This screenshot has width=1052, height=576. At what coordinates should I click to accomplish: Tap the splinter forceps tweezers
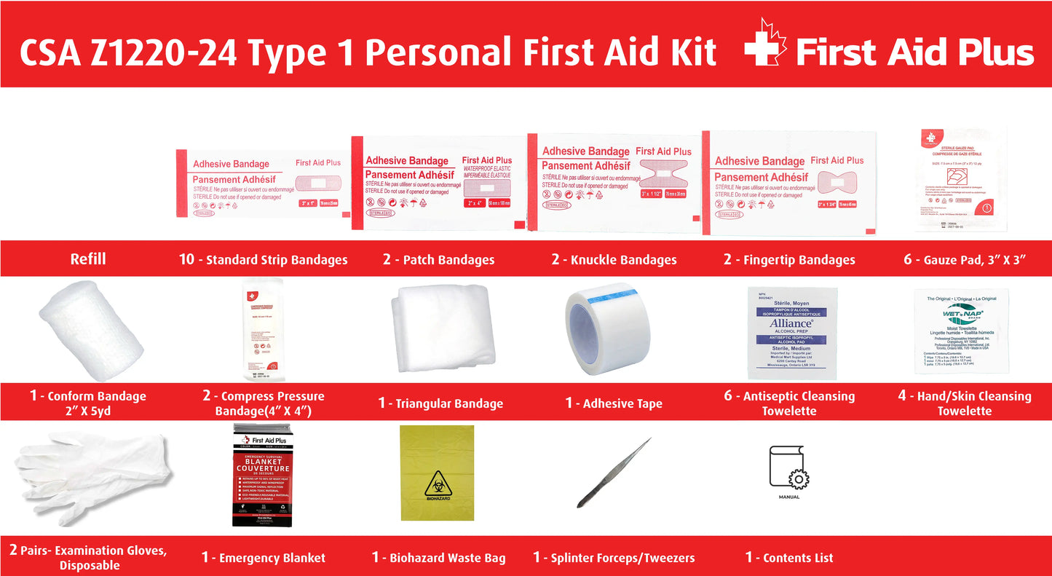(614, 473)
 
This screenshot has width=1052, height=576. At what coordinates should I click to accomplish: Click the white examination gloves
(91, 477)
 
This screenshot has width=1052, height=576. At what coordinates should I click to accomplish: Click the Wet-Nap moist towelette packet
(962, 333)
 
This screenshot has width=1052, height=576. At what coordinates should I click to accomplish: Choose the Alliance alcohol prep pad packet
(792, 333)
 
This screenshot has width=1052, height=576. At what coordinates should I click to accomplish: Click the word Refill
(88, 259)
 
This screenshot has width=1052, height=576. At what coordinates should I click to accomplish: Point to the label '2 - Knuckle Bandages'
(614, 260)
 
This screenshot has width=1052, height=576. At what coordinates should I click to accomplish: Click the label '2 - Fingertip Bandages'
(788, 260)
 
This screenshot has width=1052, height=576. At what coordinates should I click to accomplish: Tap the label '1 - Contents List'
(789, 558)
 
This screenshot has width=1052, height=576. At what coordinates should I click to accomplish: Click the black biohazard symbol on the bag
(437, 484)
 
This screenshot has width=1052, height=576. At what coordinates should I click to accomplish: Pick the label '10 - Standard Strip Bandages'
(263, 260)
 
